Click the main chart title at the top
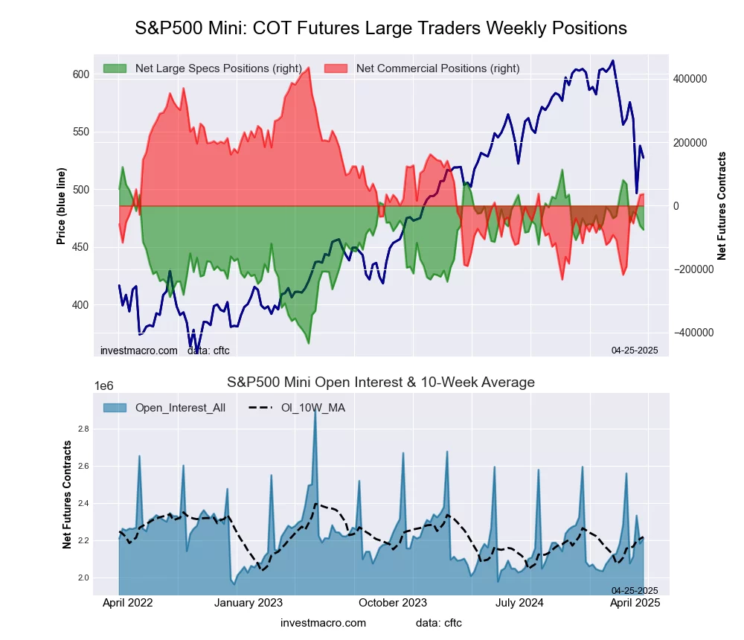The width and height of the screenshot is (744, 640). (381, 28)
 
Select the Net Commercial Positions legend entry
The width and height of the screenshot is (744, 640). (423, 68)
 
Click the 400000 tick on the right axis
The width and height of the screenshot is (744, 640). (689, 79)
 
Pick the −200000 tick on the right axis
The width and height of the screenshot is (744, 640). (689, 269)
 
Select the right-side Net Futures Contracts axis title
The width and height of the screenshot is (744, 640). (721, 205)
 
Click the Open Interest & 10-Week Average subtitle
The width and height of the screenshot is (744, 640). (381, 383)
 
